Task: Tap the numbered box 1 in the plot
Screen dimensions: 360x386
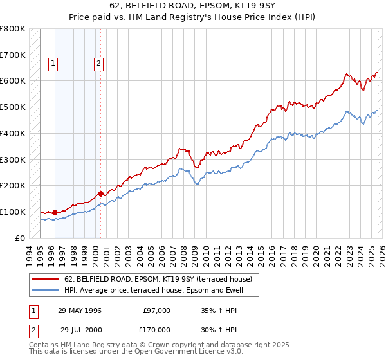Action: pos(52,63)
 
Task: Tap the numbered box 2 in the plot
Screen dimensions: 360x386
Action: pos(98,63)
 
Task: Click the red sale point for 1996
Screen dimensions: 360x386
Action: pos(55,212)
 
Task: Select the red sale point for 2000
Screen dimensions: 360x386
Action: pos(101,193)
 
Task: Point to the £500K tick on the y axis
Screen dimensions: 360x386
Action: pos(13,107)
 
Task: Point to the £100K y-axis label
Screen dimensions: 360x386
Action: pos(13,212)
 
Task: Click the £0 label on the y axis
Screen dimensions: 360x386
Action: pos(19,238)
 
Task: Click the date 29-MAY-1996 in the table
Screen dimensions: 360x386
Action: pos(80,310)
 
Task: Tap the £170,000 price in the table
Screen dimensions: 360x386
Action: pos(156,329)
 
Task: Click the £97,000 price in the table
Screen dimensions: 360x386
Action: pos(156,310)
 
